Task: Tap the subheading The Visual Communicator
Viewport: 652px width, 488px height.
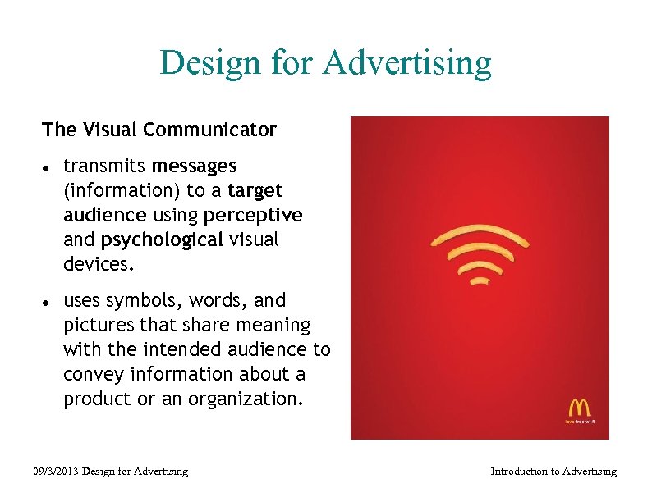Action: [x=159, y=130]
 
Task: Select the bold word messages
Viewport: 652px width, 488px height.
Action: [x=194, y=166]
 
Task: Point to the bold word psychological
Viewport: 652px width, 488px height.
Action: [x=162, y=239]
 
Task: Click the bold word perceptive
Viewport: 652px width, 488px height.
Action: [x=253, y=215]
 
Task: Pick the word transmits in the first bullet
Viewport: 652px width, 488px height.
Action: [x=104, y=166]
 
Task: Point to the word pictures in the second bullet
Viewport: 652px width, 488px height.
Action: [x=97, y=326]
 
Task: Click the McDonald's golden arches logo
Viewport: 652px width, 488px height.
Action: [x=580, y=408]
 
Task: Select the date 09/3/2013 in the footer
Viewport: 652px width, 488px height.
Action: [x=56, y=471]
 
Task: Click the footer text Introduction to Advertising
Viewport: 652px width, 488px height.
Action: [x=553, y=471]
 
